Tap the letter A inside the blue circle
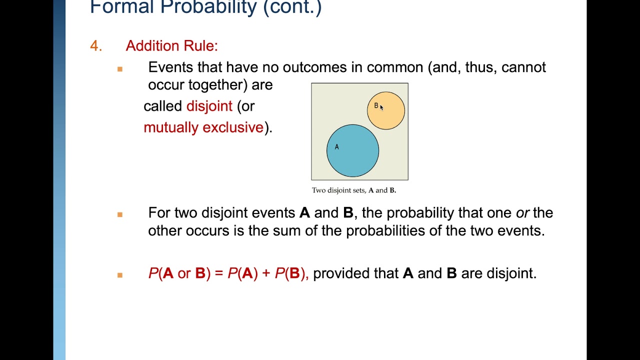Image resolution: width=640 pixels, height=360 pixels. pos(337,147)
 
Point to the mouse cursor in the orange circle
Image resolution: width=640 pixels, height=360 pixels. pos(381,107)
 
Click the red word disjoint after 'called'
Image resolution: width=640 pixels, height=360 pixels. pos(209,106)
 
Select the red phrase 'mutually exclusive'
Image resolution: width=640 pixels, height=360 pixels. pos(203,127)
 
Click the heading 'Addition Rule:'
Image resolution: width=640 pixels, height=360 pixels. pos(171,46)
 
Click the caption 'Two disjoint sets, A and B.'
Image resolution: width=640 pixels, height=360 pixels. pos(353,190)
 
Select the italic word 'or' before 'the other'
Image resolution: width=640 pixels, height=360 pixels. pos(522,213)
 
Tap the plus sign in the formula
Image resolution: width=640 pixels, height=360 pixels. pos(265,273)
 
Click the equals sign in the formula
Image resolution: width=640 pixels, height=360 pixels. pos(218,273)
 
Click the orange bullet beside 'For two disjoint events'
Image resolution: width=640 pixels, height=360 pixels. pos(120,214)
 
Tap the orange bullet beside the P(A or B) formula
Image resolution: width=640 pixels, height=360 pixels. pos(120,275)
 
